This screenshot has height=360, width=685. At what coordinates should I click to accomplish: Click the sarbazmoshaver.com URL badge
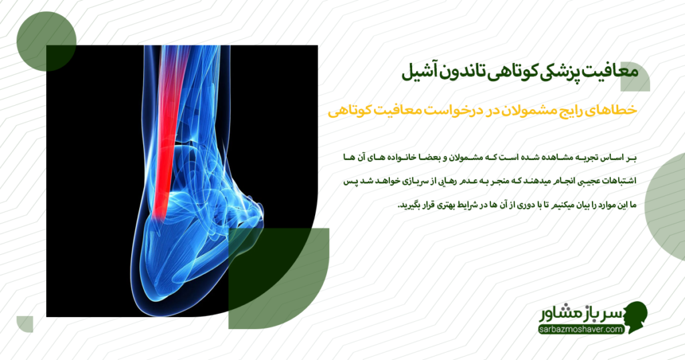[x=580, y=329]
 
